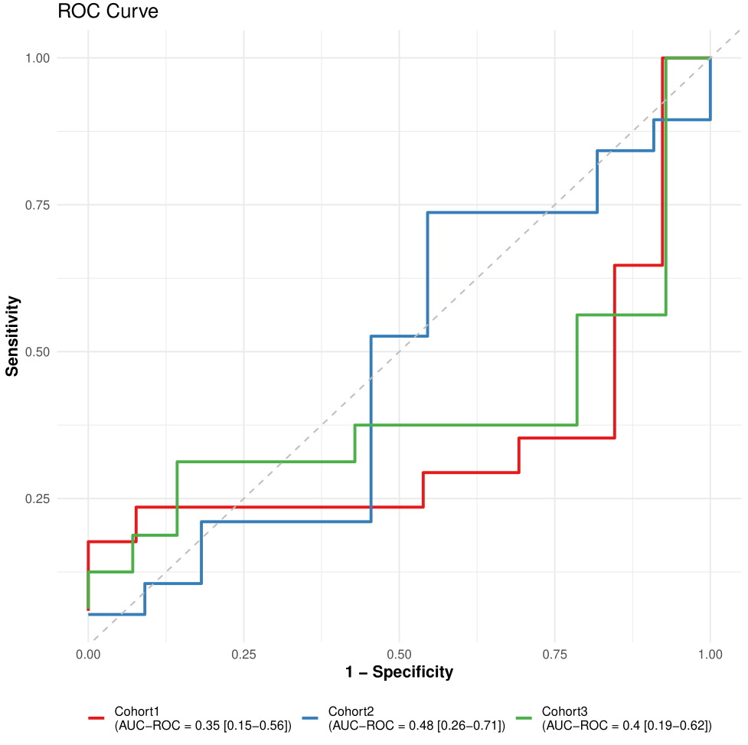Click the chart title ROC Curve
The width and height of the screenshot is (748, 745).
click(x=108, y=12)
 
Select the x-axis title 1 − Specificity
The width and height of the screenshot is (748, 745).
click(x=399, y=672)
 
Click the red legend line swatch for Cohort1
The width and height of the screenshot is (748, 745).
click(x=96, y=718)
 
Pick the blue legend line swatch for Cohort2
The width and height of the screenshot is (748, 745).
click(x=310, y=718)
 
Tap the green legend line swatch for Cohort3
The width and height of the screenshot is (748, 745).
click(x=524, y=718)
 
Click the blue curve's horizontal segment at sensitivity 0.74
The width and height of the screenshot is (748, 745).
click(x=511, y=212)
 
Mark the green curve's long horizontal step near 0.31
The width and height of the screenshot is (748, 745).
click(x=266, y=462)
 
